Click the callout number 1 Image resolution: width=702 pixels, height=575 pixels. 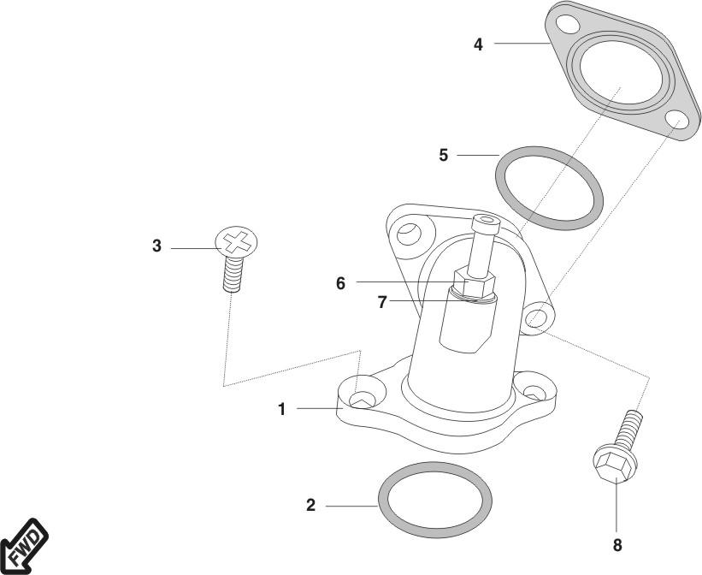(x=281, y=410)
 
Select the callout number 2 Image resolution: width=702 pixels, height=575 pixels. (x=311, y=506)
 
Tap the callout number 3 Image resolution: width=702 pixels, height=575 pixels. (x=156, y=246)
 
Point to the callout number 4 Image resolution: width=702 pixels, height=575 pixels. (x=479, y=44)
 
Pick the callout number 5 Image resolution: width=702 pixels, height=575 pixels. (x=443, y=155)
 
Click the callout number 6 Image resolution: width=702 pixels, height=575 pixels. (x=340, y=283)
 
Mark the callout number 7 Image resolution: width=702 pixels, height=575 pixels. (x=383, y=302)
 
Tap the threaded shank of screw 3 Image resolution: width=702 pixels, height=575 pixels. (x=231, y=275)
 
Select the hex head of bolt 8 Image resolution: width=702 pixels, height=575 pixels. (x=614, y=465)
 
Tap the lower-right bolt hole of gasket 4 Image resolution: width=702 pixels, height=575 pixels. (x=675, y=120)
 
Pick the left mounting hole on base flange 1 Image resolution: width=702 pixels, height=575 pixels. (x=363, y=395)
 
